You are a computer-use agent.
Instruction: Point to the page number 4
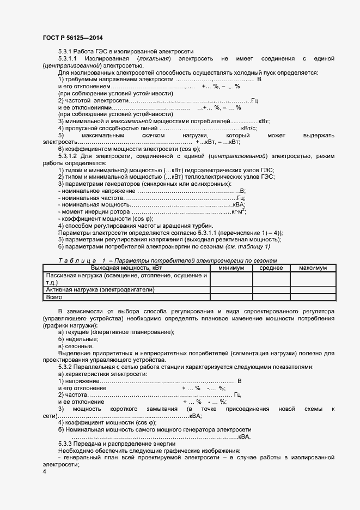point(44,472)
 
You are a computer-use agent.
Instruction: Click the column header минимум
point(231,268)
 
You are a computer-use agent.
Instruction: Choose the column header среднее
point(271,268)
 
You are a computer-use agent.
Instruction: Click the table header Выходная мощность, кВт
point(126,268)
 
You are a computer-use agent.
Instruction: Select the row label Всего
point(54,297)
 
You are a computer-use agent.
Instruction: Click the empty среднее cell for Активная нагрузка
point(271,290)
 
